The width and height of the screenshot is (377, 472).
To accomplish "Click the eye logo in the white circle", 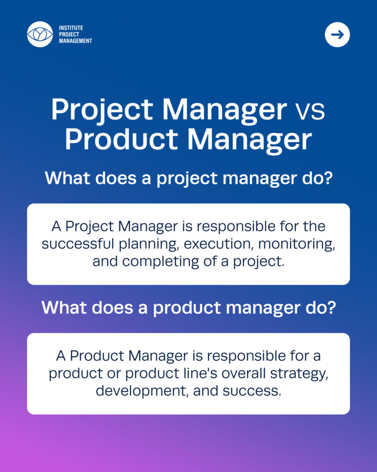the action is pos(40,34).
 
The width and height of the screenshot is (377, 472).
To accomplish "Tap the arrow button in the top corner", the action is pos(337,35).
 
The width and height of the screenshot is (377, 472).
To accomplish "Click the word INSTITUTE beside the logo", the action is pos(71,28).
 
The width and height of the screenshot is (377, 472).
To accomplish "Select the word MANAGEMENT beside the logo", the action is pos(75,41).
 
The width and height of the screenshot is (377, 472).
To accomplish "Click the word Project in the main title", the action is pos(103,110).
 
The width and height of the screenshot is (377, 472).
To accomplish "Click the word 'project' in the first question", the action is pos(187,179).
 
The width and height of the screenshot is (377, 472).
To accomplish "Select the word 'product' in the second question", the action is pos(187,308).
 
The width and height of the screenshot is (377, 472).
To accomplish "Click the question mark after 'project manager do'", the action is pos(328,178).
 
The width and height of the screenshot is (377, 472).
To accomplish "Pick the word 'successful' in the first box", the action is pos(78,244).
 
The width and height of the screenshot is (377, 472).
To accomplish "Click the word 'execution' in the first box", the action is pos(217,244).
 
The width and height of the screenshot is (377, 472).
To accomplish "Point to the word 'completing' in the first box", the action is pos(160,262).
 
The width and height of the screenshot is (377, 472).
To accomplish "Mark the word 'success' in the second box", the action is pos(252,391).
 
